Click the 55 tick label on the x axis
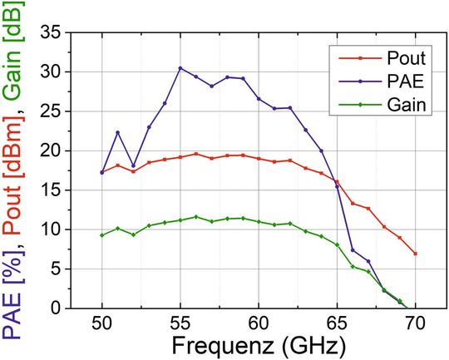point(180,323)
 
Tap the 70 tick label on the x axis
point(415,323)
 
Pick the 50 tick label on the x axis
point(102,323)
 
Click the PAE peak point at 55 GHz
point(180,68)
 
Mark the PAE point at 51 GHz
point(118,132)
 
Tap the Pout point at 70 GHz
point(415,253)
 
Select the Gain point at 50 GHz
point(102,235)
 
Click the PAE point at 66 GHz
point(353,249)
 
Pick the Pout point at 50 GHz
point(102,172)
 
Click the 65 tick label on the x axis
point(337,323)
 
